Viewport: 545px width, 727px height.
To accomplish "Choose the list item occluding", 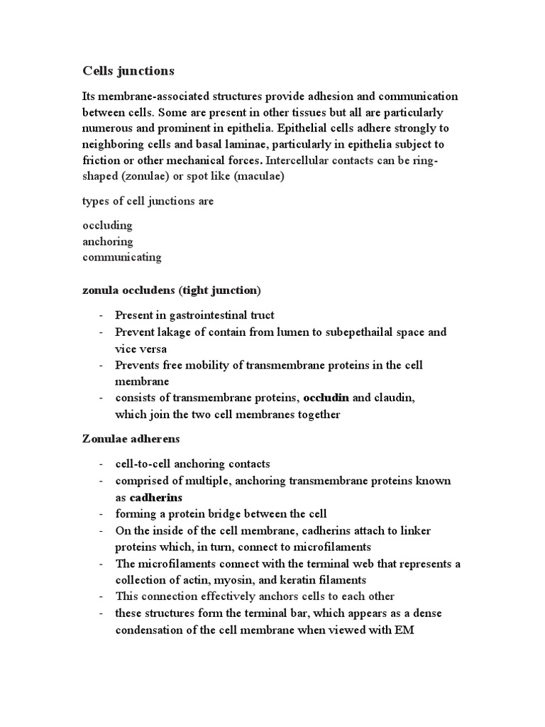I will click(108, 226).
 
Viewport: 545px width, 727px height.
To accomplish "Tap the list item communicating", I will click(122, 257).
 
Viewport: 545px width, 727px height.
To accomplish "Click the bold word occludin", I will click(327, 398).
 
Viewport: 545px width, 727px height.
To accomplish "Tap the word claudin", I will click(395, 398).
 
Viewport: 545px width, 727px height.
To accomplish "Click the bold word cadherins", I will click(156, 497).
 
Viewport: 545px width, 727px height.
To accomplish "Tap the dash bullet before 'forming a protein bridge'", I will click(103, 514).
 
